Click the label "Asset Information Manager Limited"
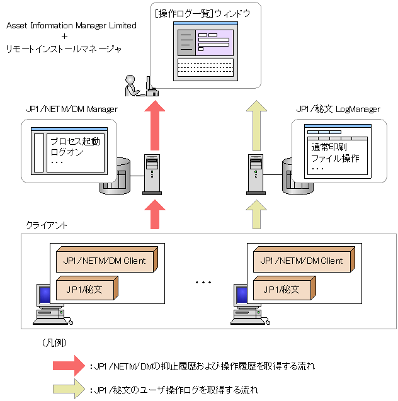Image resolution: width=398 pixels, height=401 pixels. click(x=71, y=26)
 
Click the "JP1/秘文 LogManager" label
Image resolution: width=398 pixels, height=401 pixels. click(x=338, y=109)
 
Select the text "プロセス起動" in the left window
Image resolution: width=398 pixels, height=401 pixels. click(x=74, y=141)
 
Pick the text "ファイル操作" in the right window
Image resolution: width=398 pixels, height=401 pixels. click(x=335, y=157)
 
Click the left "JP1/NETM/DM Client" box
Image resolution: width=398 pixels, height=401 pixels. click(x=105, y=260)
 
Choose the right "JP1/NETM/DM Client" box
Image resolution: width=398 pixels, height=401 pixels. click(x=302, y=260)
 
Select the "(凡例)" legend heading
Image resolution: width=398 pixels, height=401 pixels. click(x=54, y=343)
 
